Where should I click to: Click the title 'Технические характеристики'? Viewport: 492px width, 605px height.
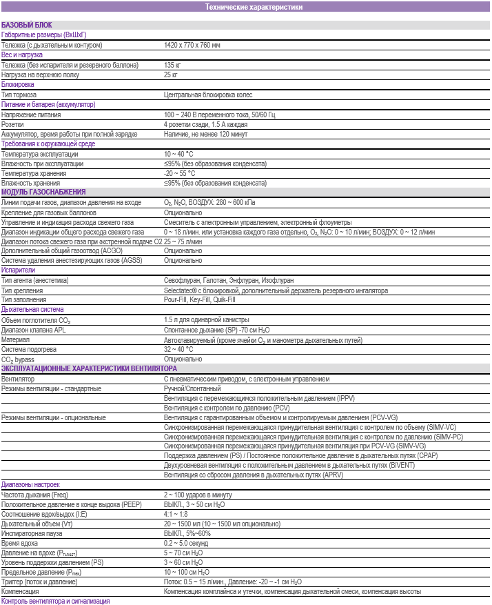pos(254,7)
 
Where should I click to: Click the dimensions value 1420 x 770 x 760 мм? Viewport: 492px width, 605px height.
pos(192,45)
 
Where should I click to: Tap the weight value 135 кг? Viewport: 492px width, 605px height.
pos(172,65)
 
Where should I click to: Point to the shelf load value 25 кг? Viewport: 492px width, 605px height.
pos(171,75)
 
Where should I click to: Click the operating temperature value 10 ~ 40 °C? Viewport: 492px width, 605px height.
pos(179,154)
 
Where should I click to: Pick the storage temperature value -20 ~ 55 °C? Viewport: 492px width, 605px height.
pos(180,174)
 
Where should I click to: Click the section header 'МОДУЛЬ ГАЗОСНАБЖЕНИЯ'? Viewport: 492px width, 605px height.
pos(43,192)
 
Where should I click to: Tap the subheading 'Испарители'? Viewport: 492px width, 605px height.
pos(18,270)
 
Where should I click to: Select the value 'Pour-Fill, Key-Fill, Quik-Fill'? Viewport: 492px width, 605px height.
pos(199,300)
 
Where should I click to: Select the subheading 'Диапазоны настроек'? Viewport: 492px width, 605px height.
pos(30,485)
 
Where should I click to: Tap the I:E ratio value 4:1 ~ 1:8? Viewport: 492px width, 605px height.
pos(176,514)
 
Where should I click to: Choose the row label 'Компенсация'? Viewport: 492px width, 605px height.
pos(21,592)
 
